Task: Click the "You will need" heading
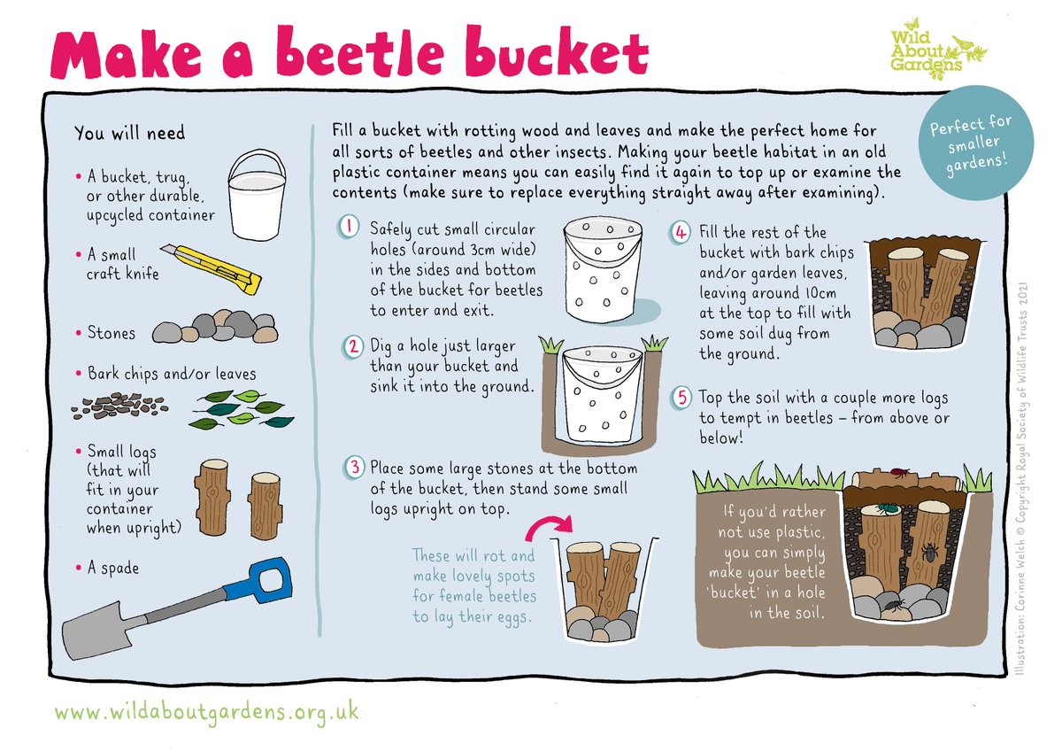pos(130,133)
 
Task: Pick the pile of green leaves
pos(242,408)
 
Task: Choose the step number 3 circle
pos(353,467)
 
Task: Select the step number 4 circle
pos(681,233)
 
